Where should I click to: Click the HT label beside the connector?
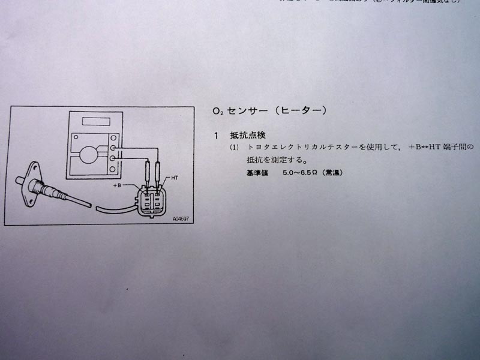[174, 178]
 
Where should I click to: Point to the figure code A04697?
[179, 220]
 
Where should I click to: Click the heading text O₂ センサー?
[238, 111]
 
